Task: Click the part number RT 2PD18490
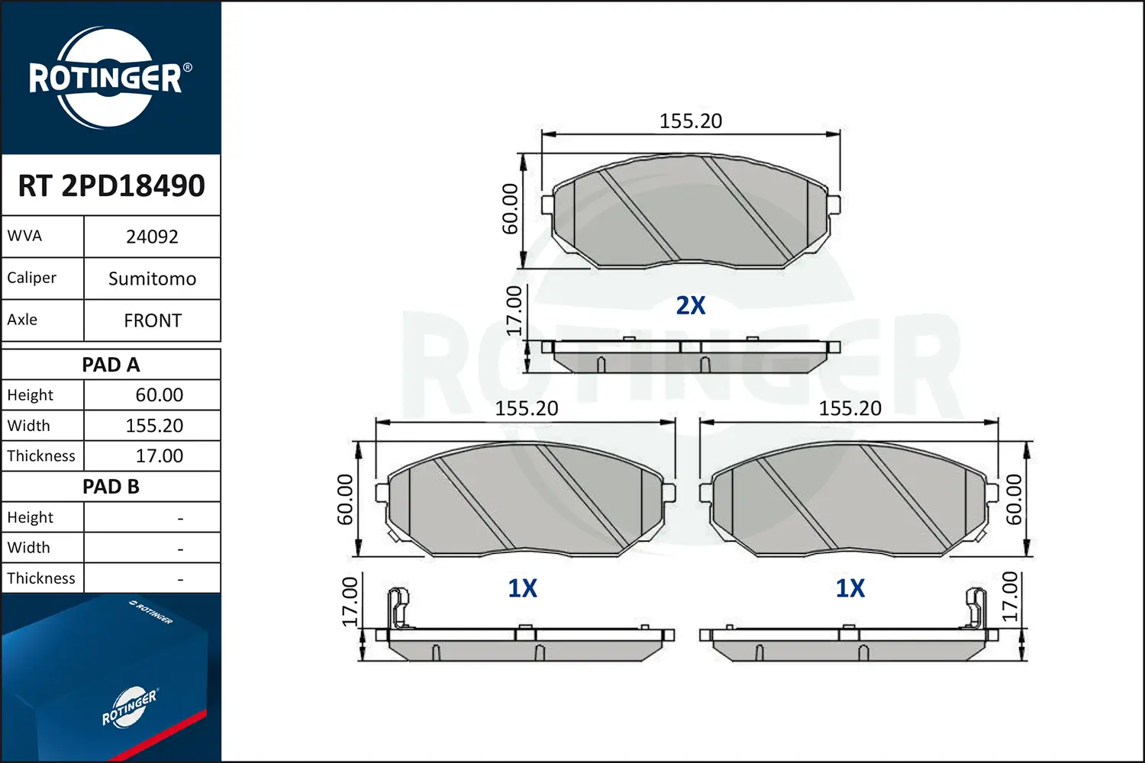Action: click(x=111, y=185)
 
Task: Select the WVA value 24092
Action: click(x=152, y=237)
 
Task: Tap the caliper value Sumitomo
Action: click(x=153, y=279)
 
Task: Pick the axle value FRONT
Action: click(x=153, y=321)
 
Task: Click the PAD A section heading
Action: click(x=111, y=365)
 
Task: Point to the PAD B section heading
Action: click(x=111, y=487)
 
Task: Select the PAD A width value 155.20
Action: click(x=154, y=426)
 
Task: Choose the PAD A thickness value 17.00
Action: click(x=159, y=456)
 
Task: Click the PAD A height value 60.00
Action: click(x=159, y=395)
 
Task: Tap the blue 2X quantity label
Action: click(x=691, y=306)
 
